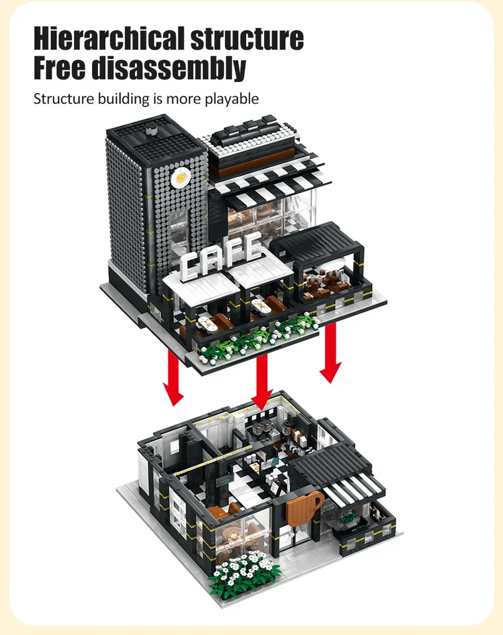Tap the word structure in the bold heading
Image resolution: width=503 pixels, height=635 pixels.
coord(247,38)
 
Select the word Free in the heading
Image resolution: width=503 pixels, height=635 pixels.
coord(59,67)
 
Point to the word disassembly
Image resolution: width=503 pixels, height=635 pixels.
coord(169,68)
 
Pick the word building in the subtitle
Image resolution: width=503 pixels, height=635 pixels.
coord(118,99)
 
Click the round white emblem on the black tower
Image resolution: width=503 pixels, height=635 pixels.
coord(179,178)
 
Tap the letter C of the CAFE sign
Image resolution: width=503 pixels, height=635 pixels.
coord(190,266)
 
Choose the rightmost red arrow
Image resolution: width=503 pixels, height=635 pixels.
coord(330,353)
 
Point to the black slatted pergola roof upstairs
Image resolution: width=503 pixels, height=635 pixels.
coord(318,240)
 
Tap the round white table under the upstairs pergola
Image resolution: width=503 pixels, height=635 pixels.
coord(334,265)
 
